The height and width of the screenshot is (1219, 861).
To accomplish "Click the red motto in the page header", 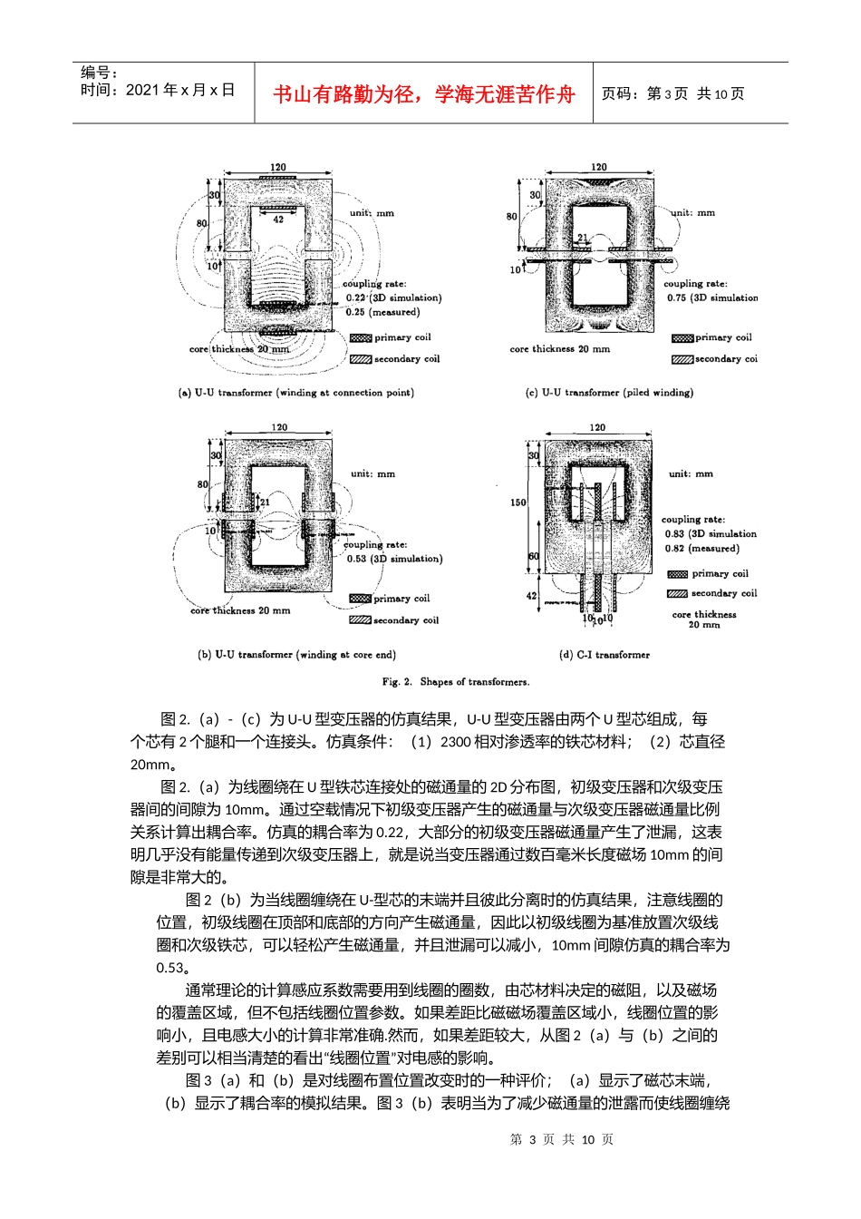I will point(423,94).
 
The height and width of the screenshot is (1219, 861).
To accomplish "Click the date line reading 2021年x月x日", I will point(158,91).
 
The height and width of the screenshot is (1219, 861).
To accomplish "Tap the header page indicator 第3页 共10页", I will point(672,94).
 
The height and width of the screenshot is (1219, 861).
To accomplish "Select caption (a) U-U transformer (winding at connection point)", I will point(296,393).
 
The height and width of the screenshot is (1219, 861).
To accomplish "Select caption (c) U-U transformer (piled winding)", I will point(609,393).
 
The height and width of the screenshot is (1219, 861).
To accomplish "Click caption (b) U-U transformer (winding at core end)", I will point(296,654).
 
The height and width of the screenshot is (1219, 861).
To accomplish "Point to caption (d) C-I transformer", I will point(605,654).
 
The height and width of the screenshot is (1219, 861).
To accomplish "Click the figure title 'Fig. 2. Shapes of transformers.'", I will point(455,681).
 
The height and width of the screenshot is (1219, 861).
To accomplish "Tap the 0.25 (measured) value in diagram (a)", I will point(382,312).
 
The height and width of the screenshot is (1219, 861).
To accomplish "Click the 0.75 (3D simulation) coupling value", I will point(712,297).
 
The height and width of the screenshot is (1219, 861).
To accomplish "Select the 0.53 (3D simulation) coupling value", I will point(394,559).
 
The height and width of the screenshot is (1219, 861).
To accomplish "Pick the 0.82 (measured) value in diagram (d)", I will point(701,548).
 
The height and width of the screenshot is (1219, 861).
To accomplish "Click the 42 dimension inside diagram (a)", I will point(278,219).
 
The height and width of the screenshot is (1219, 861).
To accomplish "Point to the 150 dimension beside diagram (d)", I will point(518,502).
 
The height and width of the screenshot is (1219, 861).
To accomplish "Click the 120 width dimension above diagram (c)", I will point(598,167).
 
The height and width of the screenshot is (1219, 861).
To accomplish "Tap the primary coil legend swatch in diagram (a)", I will point(361,337).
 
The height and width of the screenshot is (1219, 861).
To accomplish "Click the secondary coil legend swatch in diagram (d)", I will point(677,593).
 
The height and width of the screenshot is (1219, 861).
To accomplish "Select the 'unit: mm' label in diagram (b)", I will point(372,473).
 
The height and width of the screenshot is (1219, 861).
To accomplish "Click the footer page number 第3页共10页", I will point(562,1139).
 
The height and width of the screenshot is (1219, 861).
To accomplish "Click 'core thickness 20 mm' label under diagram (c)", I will point(559,349).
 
